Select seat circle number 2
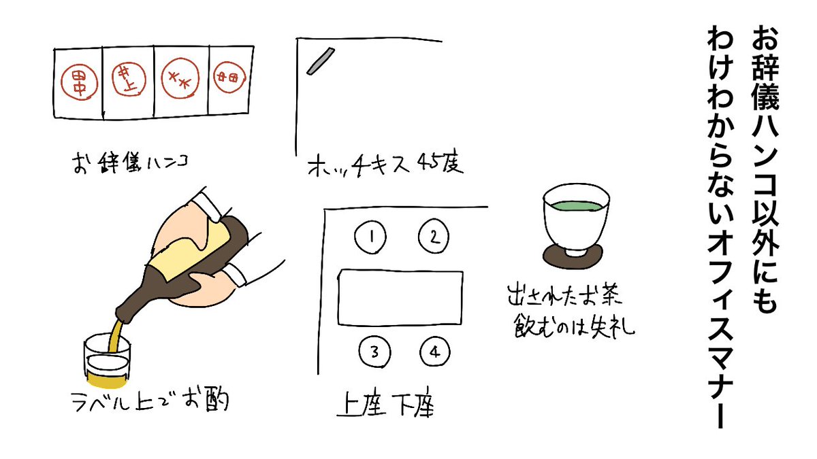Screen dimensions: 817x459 click(434, 236)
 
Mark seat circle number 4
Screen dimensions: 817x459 click(434, 352)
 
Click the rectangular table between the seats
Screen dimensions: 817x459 click(400, 297)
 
